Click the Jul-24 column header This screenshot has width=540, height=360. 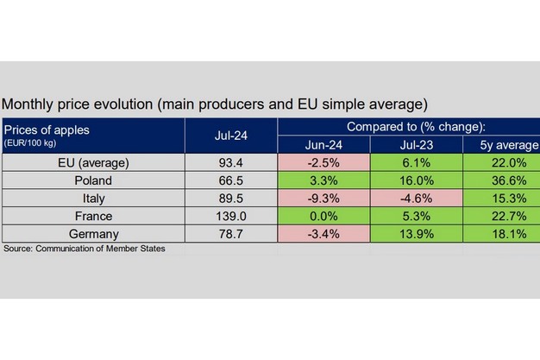point(230,136)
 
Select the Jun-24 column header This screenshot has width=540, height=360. point(323,144)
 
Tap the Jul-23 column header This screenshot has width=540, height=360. point(416,144)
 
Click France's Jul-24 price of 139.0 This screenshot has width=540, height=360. point(231,215)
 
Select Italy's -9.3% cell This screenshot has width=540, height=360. point(323,198)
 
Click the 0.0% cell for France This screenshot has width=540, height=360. point(323,215)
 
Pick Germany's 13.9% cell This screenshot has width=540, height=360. point(416,232)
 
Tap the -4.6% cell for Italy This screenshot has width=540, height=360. point(416,198)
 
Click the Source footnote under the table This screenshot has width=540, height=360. point(85,249)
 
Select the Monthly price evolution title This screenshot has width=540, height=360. point(215,104)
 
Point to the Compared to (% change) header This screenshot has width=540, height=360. point(407,127)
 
